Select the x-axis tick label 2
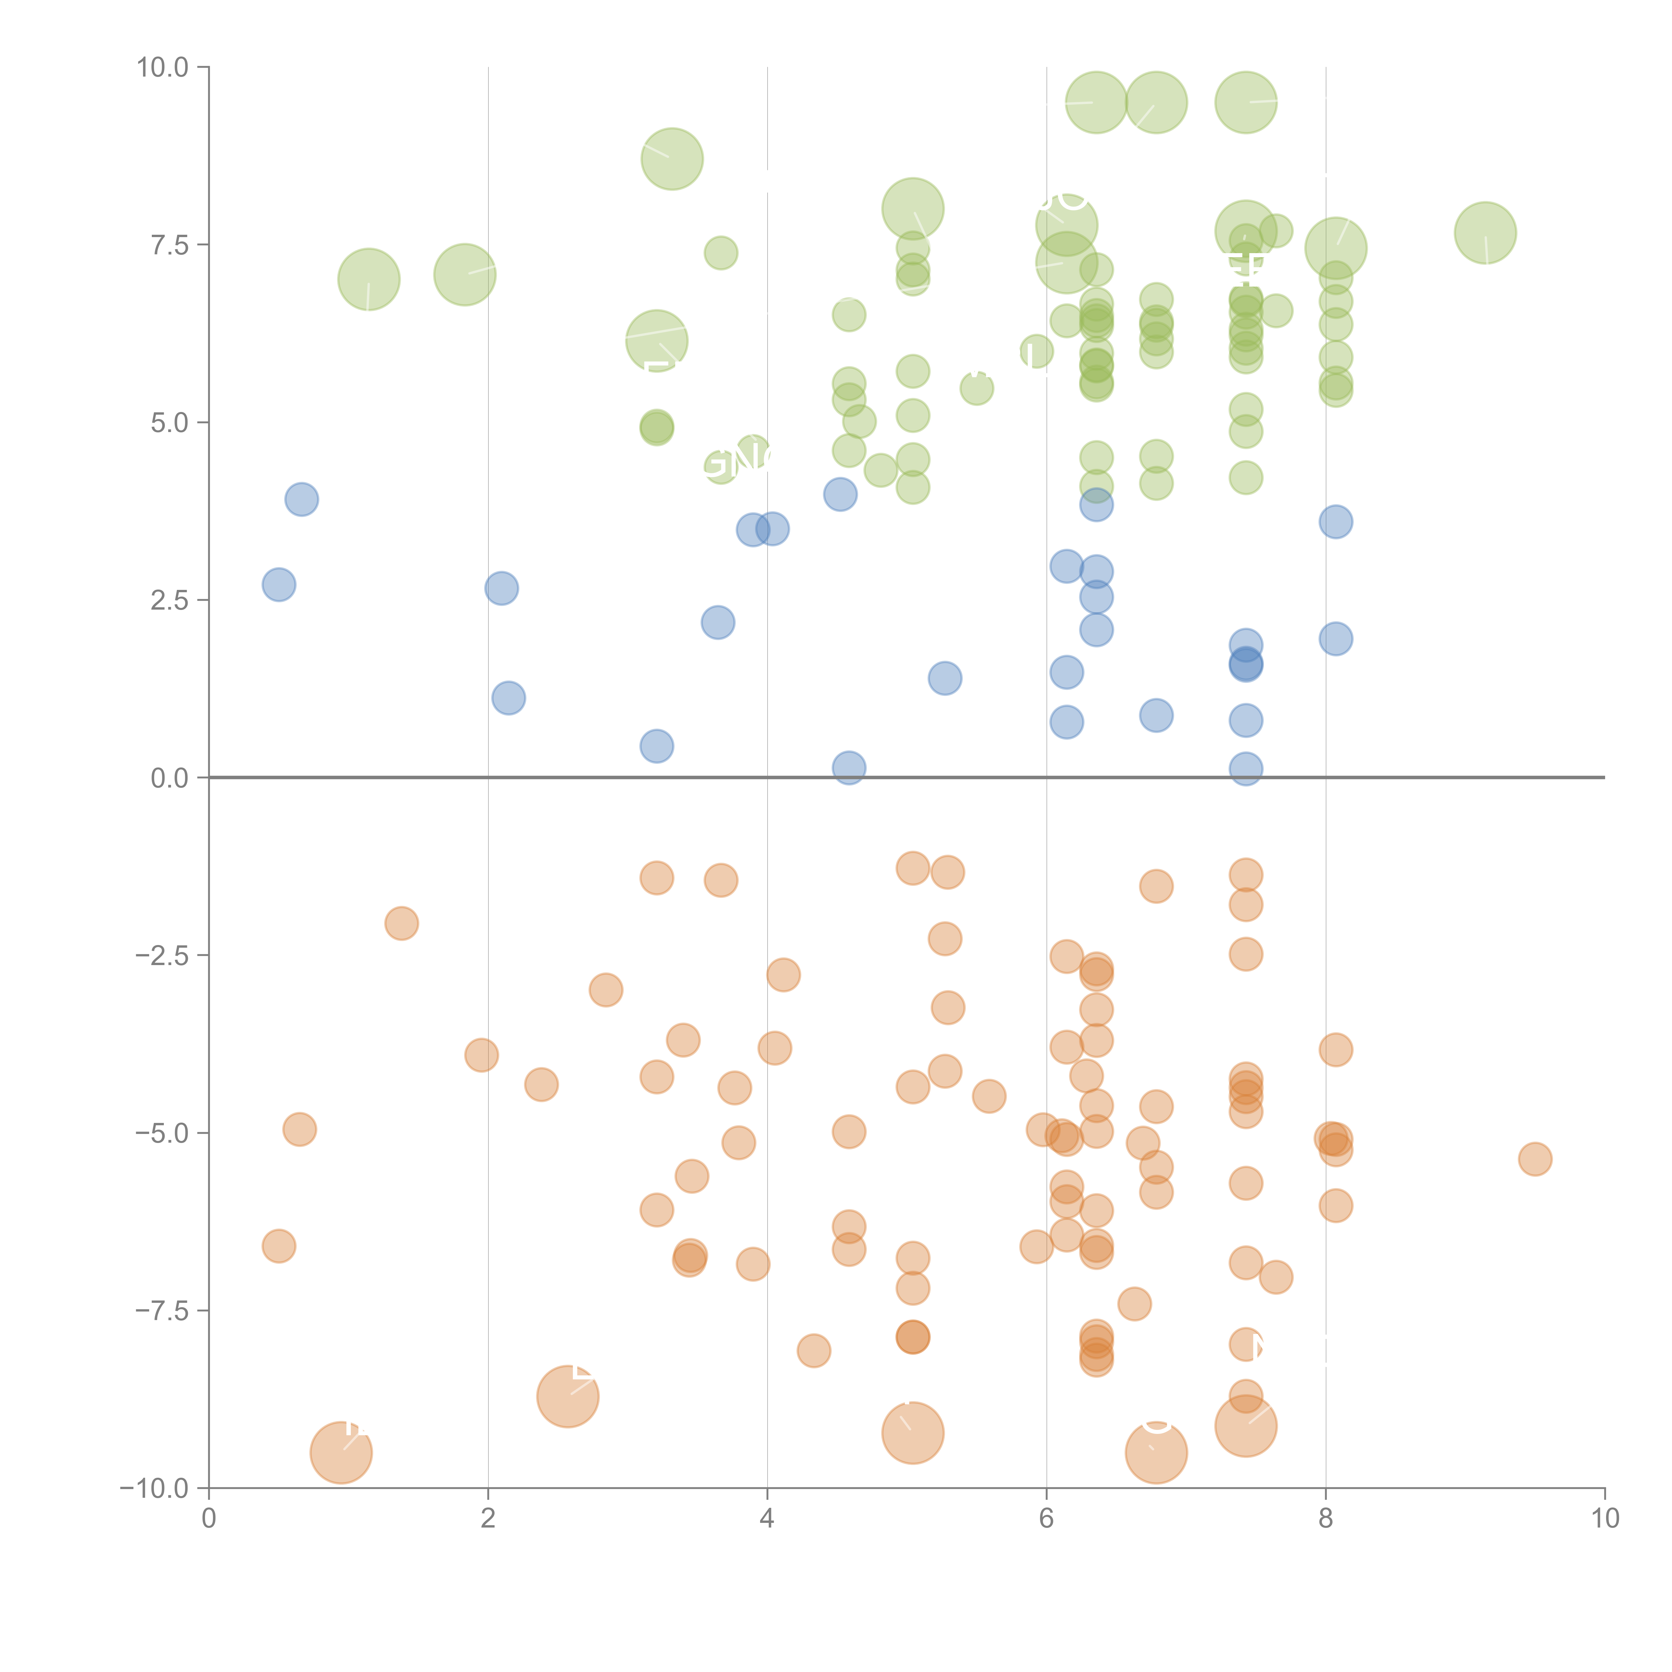488,1519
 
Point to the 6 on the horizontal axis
1046,1519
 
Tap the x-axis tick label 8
1326,1519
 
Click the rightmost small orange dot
1535,1159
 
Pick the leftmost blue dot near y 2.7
279,585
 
